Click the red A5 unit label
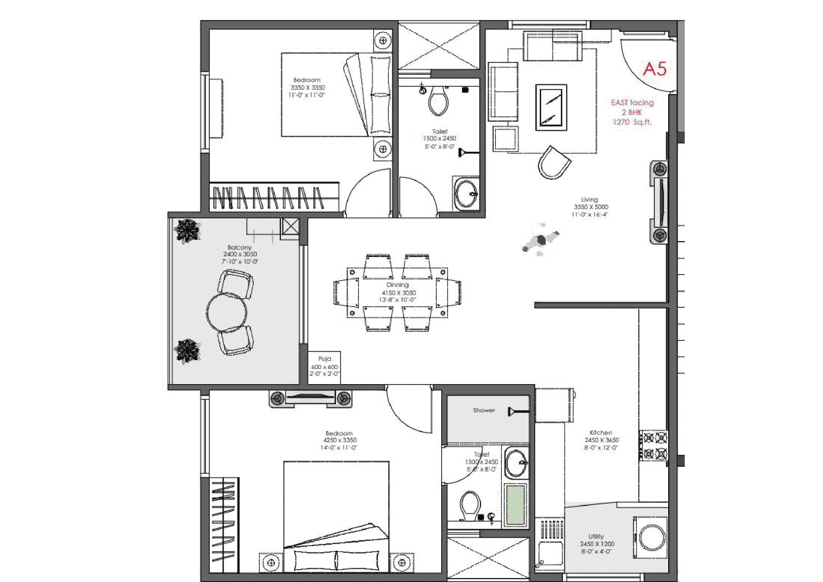654,69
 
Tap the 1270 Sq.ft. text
632,122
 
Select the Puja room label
324,358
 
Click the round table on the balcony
227,312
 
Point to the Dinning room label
397,285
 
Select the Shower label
483,410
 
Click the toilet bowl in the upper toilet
438,101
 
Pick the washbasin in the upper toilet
466,194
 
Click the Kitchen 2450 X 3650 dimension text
602,440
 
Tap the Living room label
589,199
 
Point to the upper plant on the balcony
187,230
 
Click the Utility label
596,537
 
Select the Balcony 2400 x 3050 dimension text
240,254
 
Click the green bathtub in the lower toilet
515,505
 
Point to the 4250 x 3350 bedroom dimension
340,440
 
